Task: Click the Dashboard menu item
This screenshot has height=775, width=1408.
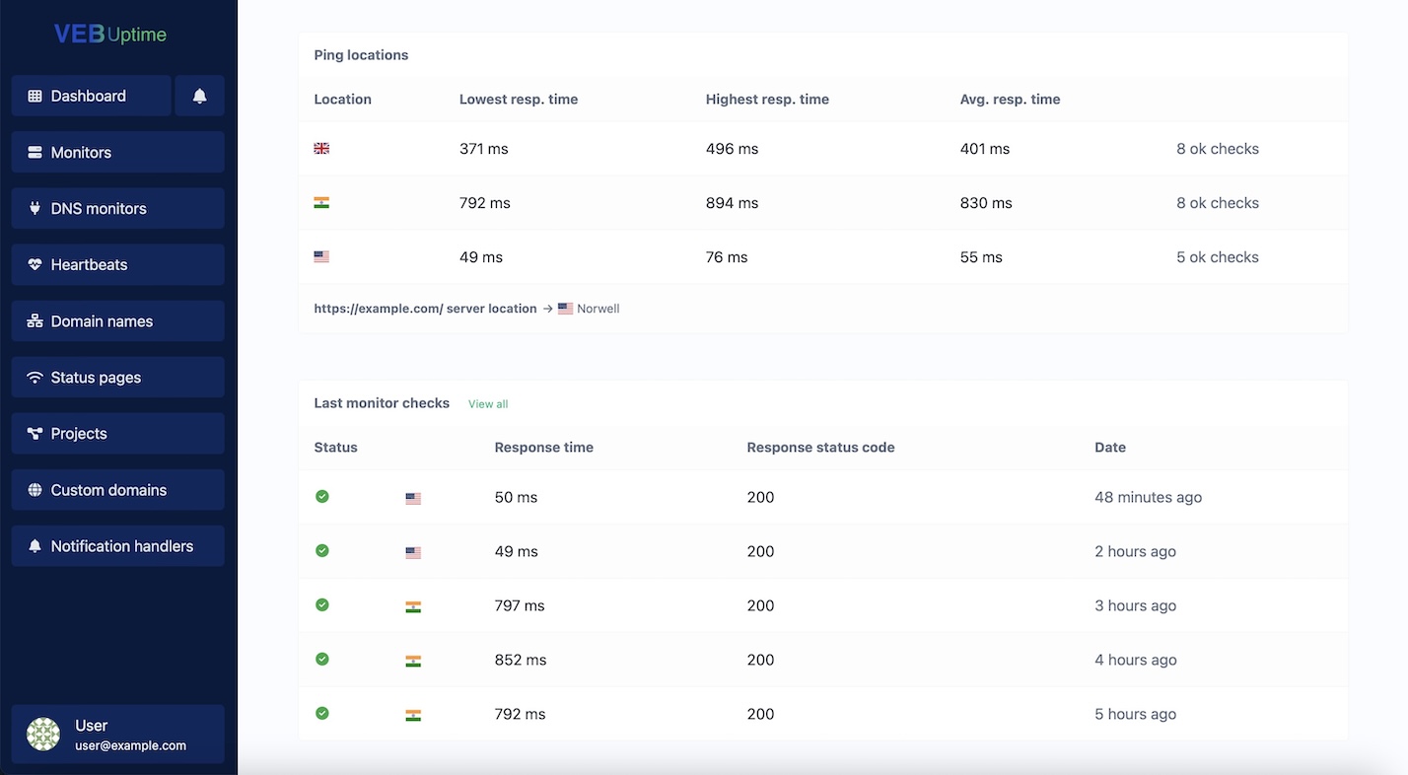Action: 91,96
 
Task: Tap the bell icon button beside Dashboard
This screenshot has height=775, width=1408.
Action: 199,96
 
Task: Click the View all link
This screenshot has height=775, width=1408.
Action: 488,404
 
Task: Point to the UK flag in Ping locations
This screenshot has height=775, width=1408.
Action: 321,149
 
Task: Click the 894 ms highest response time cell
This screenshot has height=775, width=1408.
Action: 732,203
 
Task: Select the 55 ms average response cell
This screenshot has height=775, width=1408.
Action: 981,257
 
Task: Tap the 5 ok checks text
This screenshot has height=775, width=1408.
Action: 1217,257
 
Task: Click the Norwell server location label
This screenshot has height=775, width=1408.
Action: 598,309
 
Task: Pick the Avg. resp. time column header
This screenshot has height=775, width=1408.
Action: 1010,99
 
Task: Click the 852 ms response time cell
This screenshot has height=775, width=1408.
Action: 521,660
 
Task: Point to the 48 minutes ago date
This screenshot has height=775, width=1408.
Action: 1148,497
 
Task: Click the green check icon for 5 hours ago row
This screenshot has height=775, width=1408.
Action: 322,713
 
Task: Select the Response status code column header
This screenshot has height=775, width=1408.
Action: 820,447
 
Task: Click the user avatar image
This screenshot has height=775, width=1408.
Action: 43,735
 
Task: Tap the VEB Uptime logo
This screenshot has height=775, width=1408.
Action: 110,35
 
